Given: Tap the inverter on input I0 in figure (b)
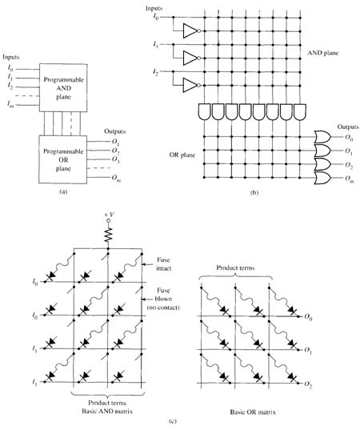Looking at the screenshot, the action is point(192,30).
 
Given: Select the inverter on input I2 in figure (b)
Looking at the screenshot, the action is point(192,85).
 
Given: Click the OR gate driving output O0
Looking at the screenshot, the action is point(322,137).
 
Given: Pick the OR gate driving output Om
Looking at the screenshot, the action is point(322,179).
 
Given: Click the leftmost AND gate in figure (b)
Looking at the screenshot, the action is point(205,111).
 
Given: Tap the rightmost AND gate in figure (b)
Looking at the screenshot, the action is point(300,111).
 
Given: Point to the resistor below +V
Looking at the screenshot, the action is point(108,235).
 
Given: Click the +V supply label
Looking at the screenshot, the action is point(109,215).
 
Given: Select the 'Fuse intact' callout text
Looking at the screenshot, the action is point(164,264).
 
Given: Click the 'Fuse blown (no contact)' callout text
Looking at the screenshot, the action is point(163,299).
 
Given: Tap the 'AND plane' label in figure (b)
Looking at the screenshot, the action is point(323,53).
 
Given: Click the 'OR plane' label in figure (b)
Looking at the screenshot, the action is point(182,155).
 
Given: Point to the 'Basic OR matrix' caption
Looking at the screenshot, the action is point(253,412).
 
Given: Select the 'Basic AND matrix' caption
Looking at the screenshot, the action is point(107,411).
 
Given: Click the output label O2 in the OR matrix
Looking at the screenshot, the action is point(308,384).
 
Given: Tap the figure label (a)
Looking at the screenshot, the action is point(63,192).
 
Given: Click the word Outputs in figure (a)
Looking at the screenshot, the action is point(115,131).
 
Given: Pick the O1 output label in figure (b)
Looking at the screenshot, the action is point(349,151).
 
